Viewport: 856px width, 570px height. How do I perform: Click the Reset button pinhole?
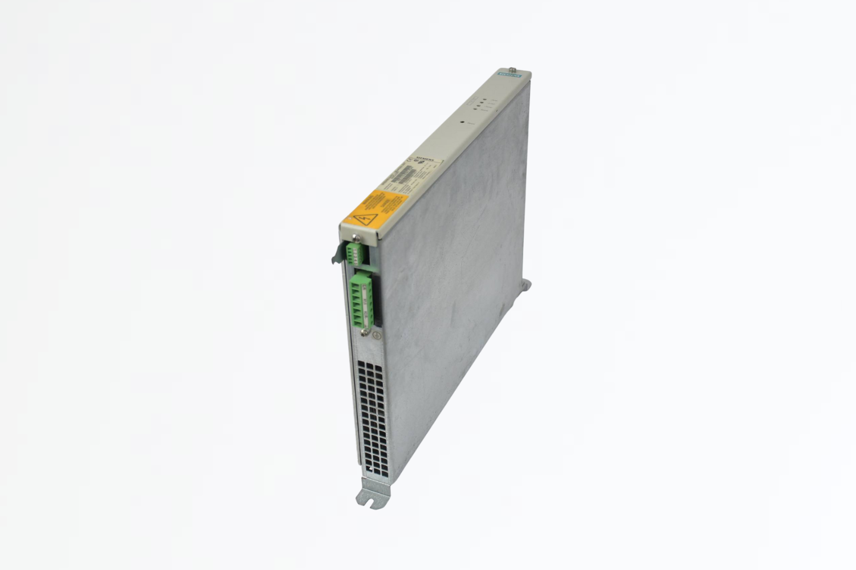click(462, 121)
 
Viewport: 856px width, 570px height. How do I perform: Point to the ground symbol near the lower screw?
click(374, 336)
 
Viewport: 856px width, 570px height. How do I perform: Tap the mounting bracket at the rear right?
click(527, 285)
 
